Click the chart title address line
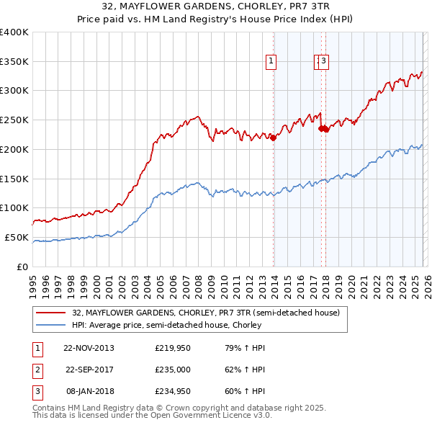point(216,6)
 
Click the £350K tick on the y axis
point(14,61)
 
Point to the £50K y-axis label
point(17,237)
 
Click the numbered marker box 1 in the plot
point(271,62)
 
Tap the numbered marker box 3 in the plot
point(324,62)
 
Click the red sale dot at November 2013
point(274,138)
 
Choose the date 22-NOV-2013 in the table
point(89,348)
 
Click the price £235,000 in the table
point(172,371)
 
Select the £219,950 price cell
point(172,348)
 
